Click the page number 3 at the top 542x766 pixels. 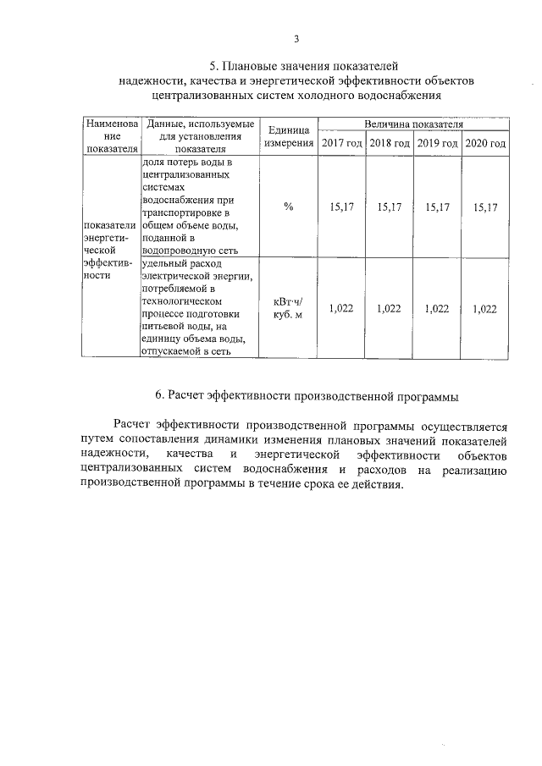click(296, 39)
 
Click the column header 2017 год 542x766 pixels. click(341, 143)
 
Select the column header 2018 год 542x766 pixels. click(390, 143)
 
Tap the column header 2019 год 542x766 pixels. click(438, 143)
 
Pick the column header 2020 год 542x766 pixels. click(486, 143)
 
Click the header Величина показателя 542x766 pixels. click(413, 124)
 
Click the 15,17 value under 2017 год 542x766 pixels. click(341, 207)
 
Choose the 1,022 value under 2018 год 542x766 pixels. click(390, 310)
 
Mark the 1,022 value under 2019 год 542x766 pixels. click(438, 310)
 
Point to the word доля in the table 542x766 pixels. click(153, 161)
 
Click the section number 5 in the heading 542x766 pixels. click(213, 65)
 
